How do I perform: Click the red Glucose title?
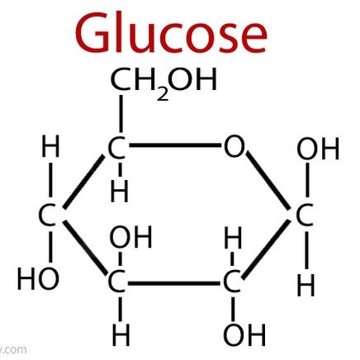click(171, 33)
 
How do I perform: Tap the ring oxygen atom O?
click(234, 146)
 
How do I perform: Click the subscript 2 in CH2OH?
click(163, 94)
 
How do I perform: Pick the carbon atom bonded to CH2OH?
click(116, 148)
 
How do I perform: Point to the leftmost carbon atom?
click(47, 215)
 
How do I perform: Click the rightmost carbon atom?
click(304, 215)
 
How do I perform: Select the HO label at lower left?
click(38, 278)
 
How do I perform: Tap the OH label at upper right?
click(318, 149)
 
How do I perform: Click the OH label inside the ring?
click(130, 237)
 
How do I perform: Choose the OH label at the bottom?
click(244, 334)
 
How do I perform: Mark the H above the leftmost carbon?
click(50, 146)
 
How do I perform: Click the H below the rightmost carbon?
click(306, 285)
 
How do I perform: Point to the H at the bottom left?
click(121, 335)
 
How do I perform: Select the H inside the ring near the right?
click(233, 237)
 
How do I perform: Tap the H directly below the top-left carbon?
click(119, 192)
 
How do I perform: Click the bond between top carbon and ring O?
click(175, 145)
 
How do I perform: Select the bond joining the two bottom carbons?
click(174, 283)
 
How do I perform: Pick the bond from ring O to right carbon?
click(268, 180)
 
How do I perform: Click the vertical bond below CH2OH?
click(121, 114)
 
